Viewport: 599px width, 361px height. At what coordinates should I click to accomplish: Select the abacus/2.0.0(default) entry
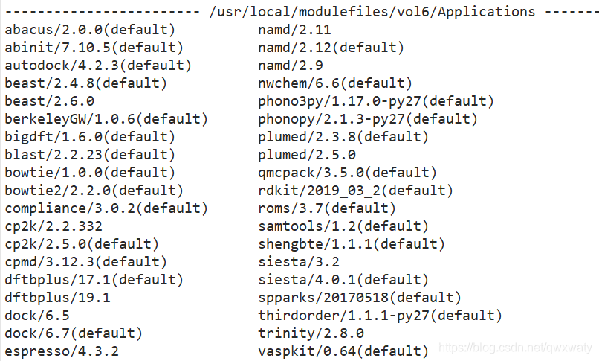point(89,30)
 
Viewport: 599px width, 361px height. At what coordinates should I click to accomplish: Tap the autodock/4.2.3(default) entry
point(97,66)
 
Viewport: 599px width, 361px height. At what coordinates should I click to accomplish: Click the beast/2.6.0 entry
point(49,101)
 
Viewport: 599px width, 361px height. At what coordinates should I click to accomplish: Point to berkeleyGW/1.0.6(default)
point(106,119)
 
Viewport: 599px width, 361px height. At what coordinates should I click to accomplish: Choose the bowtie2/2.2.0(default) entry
point(94,191)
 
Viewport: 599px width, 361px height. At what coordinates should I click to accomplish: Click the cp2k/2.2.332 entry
point(53,226)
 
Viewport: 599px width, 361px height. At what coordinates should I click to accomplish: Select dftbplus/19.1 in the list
point(57,298)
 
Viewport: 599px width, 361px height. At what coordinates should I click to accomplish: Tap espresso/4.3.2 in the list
point(61,351)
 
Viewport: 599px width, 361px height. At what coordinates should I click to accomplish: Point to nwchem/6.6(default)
point(335,83)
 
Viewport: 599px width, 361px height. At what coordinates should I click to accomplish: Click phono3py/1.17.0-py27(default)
point(376,101)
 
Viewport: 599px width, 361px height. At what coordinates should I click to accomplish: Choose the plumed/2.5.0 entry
point(307,155)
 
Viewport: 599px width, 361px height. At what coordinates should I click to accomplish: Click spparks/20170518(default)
point(360,298)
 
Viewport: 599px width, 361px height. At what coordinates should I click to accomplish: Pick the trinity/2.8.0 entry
point(311,333)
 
